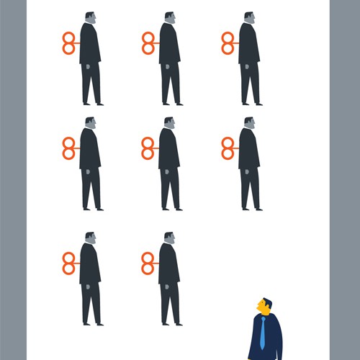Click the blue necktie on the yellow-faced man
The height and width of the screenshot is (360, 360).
point(263,334)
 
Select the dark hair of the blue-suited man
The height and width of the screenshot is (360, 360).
point(268,303)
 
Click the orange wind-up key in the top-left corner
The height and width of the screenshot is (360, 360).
point(69,43)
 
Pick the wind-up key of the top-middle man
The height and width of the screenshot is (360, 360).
point(148,43)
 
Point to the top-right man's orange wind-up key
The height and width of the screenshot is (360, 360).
point(228,43)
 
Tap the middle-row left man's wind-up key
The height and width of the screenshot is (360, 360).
point(69,148)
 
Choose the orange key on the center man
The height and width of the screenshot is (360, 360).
point(148,148)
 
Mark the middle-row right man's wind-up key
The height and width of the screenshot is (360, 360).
point(228,148)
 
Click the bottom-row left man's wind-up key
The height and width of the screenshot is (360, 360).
point(69,263)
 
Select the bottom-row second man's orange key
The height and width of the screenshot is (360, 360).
point(148,263)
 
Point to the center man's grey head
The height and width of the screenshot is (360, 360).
point(169,123)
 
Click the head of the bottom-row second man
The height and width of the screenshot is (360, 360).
point(169,238)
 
